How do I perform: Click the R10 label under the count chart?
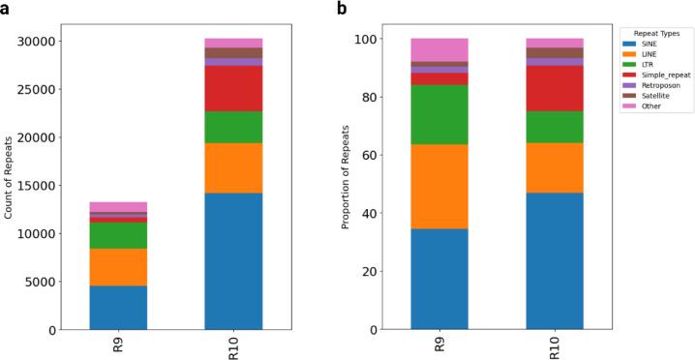pos(234,345)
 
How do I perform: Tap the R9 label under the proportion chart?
pos(438,344)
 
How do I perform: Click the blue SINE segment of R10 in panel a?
pos(233,261)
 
